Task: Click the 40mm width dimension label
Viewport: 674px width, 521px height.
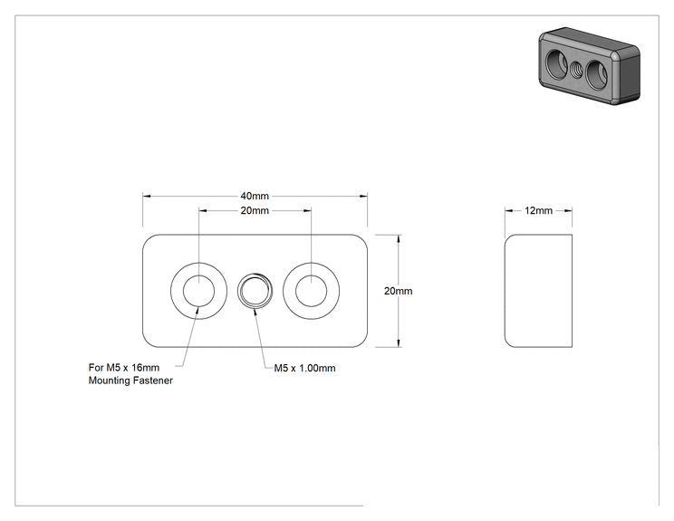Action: click(255, 196)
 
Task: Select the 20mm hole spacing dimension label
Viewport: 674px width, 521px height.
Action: click(255, 210)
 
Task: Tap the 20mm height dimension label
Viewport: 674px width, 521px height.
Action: click(398, 291)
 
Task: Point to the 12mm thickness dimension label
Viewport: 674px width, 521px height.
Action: click(538, 210)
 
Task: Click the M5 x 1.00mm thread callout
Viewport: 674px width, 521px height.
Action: click(304, 368)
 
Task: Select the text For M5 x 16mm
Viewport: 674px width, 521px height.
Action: click(124, 368)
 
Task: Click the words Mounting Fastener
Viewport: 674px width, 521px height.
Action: click(130, 381)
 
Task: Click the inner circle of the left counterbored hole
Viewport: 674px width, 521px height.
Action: click(198, 275)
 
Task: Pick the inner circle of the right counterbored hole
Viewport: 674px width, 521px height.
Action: click(312, 275)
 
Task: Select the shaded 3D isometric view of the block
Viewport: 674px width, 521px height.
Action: click(590, 66)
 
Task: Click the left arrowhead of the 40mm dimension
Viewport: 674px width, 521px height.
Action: click(147, 196)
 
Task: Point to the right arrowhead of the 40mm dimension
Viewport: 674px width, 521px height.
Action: click(363, 196)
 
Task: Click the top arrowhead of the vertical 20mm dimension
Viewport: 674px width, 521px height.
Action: click(399, 238)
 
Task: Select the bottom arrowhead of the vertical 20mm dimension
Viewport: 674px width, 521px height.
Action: click(399, 343)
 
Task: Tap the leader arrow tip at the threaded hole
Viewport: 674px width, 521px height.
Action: click(255, 310)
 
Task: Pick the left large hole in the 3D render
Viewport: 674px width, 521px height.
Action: click(556, 63)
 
